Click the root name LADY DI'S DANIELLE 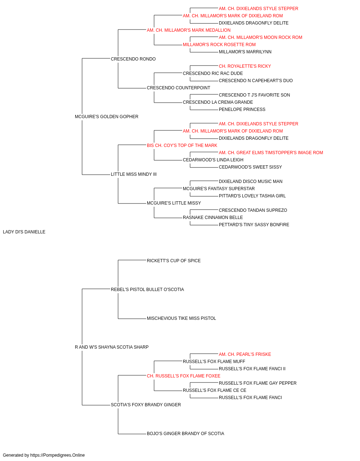tap(24, 232)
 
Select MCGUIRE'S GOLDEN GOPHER tap(107, 117)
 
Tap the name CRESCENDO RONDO tap(133, 59)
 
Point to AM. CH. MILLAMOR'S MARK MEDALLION tap(189, 30)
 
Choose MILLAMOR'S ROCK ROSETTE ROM tap(219, 45)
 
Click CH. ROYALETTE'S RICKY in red tap(245, 66)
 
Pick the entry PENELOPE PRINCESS tap(242, 109)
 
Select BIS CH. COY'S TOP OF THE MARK tap(182, 146)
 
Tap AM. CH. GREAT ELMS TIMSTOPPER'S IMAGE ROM tap(271, 153)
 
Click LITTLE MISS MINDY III tap(134, 174)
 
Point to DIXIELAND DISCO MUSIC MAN tap(251, 182)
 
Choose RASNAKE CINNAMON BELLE tap(213, 218)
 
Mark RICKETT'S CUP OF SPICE tap(174, 261)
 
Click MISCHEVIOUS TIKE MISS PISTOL tap(181, 318)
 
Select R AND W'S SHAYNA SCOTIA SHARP tap(112, 347)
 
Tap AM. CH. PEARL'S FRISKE tap(245, 354)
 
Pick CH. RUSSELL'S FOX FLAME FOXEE tap(183, 376)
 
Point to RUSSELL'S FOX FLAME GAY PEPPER tap(257, 383)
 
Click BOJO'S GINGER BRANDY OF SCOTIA tap(185, 434)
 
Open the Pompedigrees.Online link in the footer tap(57, 455)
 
